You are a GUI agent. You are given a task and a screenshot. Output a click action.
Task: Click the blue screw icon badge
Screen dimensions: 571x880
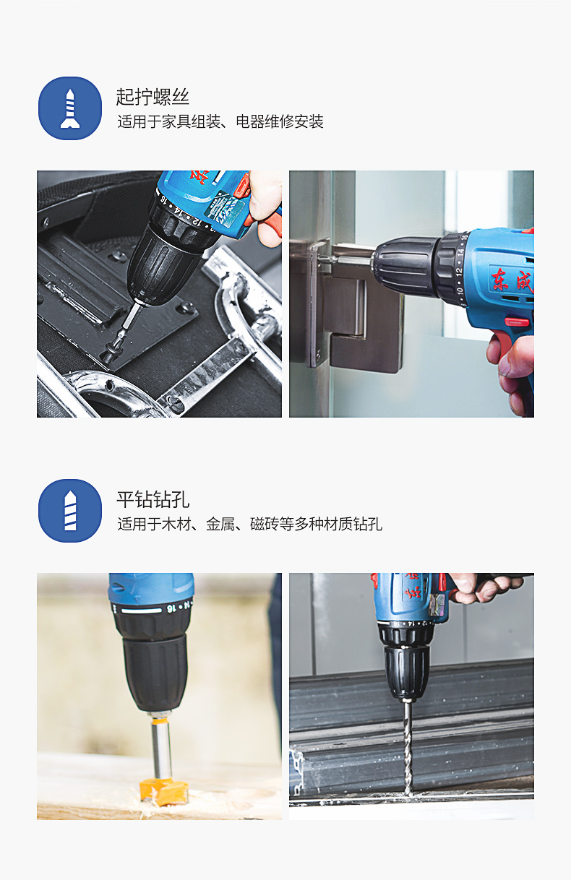(70, 108)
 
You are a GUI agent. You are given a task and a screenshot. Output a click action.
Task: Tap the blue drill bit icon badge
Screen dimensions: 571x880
(70, 510)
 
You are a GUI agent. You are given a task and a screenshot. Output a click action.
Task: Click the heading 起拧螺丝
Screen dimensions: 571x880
(153, 97)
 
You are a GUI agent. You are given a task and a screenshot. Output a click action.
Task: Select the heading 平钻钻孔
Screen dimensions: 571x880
(153, 499)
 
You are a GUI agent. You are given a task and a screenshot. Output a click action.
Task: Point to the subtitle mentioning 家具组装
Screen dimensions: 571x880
(220, 122)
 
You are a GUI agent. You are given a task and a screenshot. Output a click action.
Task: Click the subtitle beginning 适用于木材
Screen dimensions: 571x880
(249, 524)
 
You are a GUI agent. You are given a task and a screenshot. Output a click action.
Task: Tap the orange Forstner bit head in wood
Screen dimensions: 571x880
(164, 792)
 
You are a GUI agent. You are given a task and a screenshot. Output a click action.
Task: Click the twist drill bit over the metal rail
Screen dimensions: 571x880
(408, 749)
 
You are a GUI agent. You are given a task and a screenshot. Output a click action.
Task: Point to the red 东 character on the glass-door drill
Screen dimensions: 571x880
(500, 279)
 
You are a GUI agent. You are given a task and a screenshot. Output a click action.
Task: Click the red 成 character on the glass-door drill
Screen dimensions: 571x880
(525, 281)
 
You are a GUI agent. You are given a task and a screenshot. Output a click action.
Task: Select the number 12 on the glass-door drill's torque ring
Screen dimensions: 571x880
(458, 272)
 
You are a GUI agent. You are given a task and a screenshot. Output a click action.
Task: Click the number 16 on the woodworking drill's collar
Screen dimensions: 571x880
(171, 608)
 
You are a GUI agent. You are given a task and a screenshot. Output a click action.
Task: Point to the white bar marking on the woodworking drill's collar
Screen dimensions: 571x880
(142, 610)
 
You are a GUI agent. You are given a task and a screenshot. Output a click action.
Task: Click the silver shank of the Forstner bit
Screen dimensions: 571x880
(161, 749)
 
